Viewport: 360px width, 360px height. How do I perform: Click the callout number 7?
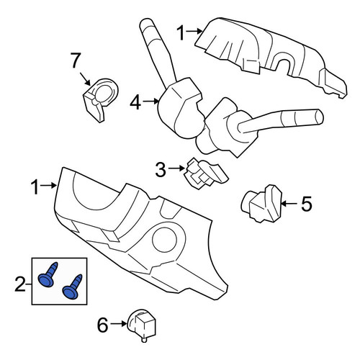pyautogui.click(x=75, y=60)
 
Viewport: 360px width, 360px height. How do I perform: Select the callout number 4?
pyautogui.click(x=135, y=102)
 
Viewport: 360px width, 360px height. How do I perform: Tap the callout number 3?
pyautogui.click(x=161, y=169)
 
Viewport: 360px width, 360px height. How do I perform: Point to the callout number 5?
pyautogui.click(x=306, y=204)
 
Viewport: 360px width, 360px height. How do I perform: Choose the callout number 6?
pyautogui.click(x=103, y=325)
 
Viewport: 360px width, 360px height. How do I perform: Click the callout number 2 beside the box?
pyautogui.click(x=19, y=284)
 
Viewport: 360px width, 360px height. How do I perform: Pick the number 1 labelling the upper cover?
pyautogui.click(x=181, y=33)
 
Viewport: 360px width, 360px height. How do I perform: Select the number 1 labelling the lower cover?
pyautogui.click(x=35, y=186)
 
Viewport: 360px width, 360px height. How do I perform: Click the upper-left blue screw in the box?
pyautogui.click(x=48, y=274)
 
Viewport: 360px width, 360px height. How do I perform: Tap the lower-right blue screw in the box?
pyautogui.click(x=72, y=287)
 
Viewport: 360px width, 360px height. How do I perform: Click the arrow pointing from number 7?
pyautogui.click(x=85, y=79)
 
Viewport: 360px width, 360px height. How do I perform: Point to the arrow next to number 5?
pyautogui.click(x=289, y=204)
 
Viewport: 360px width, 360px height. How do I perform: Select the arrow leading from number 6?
pyautogui.click(x=119, y=324)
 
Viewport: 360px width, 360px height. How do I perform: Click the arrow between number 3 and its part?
pyautogui.click(x=176, y=168)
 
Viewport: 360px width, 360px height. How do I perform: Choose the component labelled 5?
pyautogui.click(x=261, y=204)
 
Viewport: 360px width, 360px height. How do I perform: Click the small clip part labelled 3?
pyautogui.click(x=205, y=174)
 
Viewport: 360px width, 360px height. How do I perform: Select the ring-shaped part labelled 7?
pyautogui.click(x=101, y=99)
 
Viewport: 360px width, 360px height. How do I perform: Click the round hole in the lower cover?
pyautogui.click(x=164, y=240)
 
